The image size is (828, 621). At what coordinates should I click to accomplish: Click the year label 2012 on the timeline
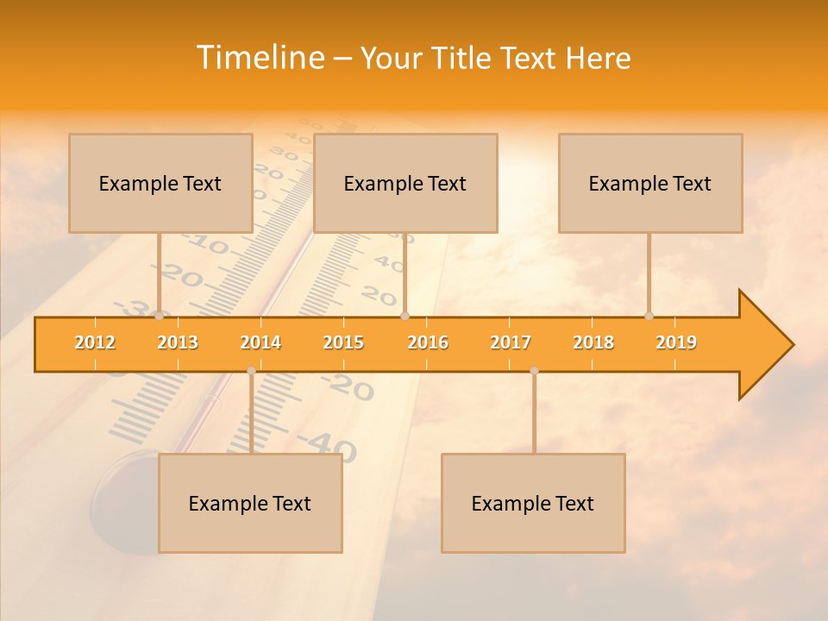point(95,342)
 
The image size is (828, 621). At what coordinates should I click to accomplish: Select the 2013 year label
point(178,342)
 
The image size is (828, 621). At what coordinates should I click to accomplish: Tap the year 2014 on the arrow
point(260,342)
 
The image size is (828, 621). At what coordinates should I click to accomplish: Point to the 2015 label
point(343,342)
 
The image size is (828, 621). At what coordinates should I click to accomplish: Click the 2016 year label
point(428,342)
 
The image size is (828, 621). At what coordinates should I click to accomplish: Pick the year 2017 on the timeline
point(511,342)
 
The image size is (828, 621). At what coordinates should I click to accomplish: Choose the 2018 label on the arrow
point(593,342)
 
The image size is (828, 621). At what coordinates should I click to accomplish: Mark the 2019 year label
point(676,342)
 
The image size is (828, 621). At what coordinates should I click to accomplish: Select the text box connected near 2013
point(160,183)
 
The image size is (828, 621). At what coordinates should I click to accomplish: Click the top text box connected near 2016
point(405,183)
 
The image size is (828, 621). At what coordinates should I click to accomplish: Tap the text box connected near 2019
point(650,183)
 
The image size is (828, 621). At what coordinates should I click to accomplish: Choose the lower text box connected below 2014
point(250,503)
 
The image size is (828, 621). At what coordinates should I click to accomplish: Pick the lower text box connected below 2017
point(533,503)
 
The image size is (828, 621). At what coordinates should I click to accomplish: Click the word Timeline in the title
point(259,58)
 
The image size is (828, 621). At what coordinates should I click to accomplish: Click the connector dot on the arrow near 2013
point(160,317)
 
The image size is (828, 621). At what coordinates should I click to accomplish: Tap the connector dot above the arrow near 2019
point(649,317)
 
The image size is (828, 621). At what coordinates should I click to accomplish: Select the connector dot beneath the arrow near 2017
point(534,371)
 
